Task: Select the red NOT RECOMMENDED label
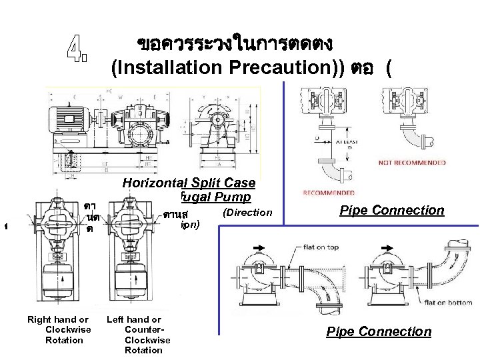tap(412, 163)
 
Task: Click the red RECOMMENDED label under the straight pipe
tap(329, 193)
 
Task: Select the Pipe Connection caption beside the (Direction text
tap(391, 211)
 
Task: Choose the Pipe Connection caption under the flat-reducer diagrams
tap(379, 332)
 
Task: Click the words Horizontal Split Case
tap(189, 183)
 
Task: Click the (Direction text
tap(247, 213)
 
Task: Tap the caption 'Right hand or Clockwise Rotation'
tap(58, 329)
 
